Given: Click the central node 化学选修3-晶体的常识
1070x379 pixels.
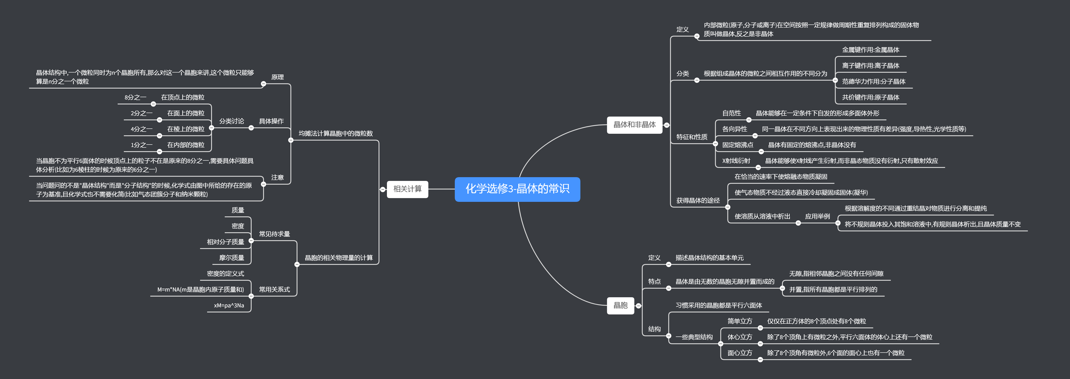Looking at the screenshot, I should (x=517, y=189).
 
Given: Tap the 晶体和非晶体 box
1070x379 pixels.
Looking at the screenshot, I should (x=634, y=125).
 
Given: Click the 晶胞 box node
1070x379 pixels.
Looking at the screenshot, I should (x=620, y=305).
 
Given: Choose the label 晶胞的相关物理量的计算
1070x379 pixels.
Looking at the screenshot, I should (x=338, y=258).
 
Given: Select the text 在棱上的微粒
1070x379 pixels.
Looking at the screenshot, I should (x=186, y=129).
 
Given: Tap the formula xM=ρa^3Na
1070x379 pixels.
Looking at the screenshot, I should (x=229, y=305).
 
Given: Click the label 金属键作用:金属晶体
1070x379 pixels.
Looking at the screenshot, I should (x=870, y=50).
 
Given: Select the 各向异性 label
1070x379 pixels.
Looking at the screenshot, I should (x=734, y=129).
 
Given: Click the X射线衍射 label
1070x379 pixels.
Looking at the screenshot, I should (x=736, y=161).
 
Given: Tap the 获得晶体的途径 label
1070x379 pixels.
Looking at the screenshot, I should (x=698, y=200).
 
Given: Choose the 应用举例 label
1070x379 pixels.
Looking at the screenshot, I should (x=817, y=217).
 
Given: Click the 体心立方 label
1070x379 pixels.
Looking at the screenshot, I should (x=739, y=337).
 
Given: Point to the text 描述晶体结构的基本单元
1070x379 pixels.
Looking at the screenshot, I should (x=709, y=258).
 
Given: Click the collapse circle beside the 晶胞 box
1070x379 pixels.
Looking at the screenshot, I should (x=638, y=306).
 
